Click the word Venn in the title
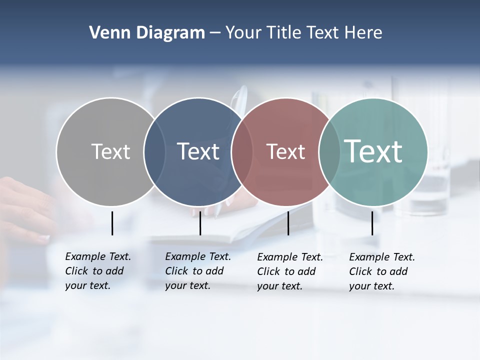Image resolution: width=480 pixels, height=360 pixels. point(106,33)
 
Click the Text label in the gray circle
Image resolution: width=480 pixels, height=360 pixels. point(110,151)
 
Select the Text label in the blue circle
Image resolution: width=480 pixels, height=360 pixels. point(198,151)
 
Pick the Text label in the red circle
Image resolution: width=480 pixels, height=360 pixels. point(285,151)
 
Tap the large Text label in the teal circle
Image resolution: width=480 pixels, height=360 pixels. point(373,151)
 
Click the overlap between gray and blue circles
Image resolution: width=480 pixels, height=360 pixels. point(154,151)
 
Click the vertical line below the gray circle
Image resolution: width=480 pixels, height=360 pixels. point(112,223)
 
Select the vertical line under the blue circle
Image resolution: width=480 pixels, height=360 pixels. point(200,223)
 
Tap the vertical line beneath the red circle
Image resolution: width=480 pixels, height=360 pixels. point(288,223)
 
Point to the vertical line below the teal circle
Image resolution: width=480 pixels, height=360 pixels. point(372,223)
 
